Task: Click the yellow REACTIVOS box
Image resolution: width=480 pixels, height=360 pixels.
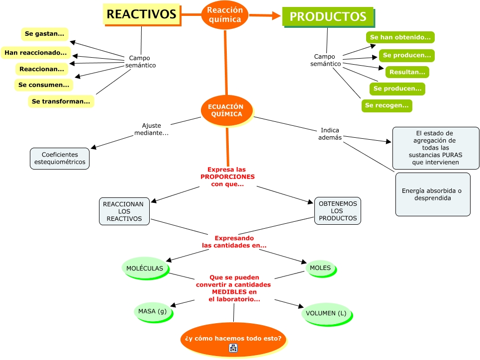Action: point(141,14)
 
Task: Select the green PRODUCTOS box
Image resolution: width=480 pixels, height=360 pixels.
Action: point(328,16)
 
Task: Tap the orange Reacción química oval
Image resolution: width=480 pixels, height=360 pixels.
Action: point(225,15)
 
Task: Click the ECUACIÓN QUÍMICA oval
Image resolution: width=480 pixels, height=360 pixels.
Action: point(226,110)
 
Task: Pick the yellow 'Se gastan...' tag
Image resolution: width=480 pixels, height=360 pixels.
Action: point(45,34)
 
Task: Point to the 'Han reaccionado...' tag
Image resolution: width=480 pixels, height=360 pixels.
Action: point(35,52)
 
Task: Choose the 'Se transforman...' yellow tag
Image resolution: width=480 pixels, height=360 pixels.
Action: point(61,101)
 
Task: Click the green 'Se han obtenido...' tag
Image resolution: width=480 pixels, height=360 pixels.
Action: point(400,37)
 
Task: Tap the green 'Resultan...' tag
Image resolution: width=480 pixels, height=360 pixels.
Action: point(407,72)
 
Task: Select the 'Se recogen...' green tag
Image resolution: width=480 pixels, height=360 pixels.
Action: point(386,105)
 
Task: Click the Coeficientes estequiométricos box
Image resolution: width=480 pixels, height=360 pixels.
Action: point(60,158)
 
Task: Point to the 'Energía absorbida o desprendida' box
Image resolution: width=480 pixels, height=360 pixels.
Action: point(432,194)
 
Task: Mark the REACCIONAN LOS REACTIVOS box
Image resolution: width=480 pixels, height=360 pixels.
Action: point(124,211)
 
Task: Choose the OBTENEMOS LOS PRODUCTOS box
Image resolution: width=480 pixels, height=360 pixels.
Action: point(338,211)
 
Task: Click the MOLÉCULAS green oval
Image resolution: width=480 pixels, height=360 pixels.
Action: point(145,268)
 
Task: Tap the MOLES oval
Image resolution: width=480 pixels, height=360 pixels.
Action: point(320,268)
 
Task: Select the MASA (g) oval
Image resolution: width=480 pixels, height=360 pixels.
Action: point(152,311)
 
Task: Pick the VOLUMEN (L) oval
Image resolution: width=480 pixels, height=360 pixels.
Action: point(326,313)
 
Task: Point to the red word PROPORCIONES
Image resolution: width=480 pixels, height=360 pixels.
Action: point(227,177)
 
